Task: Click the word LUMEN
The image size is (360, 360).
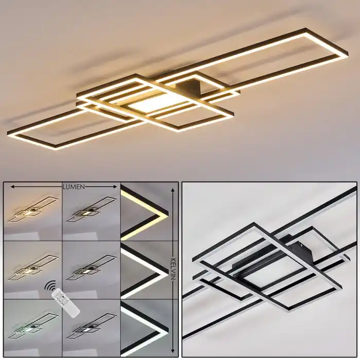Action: click(74, 187)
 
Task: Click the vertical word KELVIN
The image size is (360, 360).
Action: click(173, 269)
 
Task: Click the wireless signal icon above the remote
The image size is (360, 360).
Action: click(50, 285)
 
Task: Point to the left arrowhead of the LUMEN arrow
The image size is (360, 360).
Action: click(13, 187)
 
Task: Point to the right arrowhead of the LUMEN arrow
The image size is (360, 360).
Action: click(115, 187)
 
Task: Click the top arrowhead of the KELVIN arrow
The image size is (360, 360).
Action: click(173, 190)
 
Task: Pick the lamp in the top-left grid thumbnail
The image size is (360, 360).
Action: click(33, 209)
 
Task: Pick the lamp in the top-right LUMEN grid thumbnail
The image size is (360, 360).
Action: click(92, 209)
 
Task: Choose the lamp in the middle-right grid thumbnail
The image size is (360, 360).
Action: click(92, 268)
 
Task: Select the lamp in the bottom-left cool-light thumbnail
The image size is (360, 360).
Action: click(33, 326)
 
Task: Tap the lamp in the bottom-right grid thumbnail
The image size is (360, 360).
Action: click(92, 326)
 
